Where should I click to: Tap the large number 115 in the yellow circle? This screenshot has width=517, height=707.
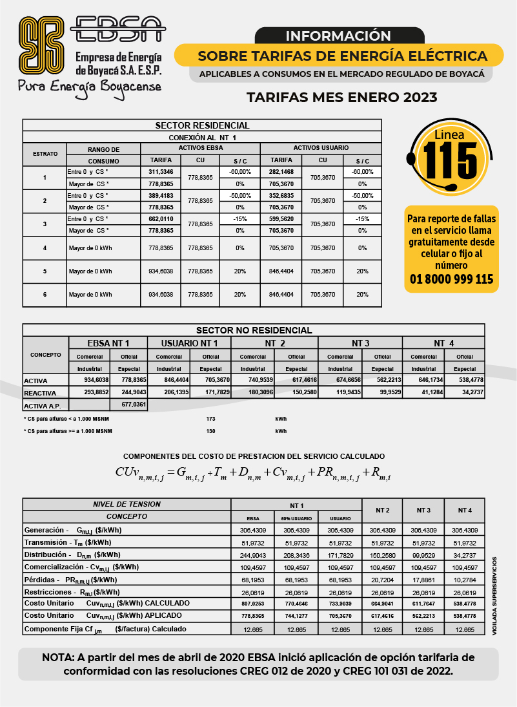(x=451, y=159)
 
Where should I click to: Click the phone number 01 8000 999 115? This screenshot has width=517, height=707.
(x=451, y=279)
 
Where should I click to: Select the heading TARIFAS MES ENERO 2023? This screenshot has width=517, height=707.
(x=342, y=98)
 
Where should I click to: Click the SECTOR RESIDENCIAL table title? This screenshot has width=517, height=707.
(x=202, y=125)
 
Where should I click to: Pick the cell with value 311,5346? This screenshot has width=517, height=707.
(x=161, y=172)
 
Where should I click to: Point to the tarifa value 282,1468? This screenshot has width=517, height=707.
(x=281, y=172)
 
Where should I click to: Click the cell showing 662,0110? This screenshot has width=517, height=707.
(x=161, y=219)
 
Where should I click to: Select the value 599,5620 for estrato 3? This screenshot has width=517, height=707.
(x=281, y=219)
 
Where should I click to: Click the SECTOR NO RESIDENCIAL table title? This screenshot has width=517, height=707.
(x=254, y=330)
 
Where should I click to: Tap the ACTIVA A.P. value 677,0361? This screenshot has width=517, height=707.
(x=129, y=405)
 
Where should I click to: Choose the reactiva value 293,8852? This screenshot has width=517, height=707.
(x=90, y=392)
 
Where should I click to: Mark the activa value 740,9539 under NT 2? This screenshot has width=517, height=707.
(x=252, y=380)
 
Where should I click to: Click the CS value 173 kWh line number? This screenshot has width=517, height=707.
(x=210, y=419)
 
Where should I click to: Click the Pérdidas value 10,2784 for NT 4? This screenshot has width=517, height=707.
(x=465, y=578)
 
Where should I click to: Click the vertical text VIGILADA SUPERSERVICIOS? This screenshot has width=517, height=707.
(x=495, y=594)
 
